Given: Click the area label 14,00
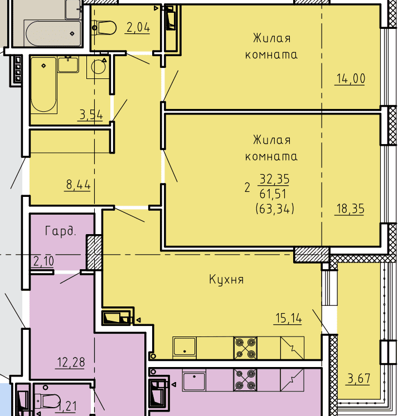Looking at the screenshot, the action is coord(351,79).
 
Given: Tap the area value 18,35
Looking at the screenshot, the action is coord(350,209).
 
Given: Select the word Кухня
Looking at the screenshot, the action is coord(226,280).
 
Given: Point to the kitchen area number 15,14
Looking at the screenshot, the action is coord(289,318).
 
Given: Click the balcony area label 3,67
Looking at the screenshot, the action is coord(359,378).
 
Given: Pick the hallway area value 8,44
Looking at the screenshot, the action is coord(78,185).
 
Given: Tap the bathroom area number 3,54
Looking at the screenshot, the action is coord(91,115).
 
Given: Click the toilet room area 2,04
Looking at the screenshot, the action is coord(138,28).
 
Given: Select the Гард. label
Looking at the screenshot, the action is coord(61,231).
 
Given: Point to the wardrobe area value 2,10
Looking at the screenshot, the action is coord(44,261).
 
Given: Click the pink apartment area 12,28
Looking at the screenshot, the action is coord(71,363).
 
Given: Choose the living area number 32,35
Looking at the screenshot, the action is coord(274,179).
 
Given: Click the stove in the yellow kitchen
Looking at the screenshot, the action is coord(245,348).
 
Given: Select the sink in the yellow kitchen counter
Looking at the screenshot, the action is coord(185,346).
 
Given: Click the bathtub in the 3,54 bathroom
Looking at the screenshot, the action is coord(43,86).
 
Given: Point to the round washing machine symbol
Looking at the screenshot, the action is coord(98,67).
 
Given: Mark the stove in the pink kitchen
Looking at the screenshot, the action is coord(245,380).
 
